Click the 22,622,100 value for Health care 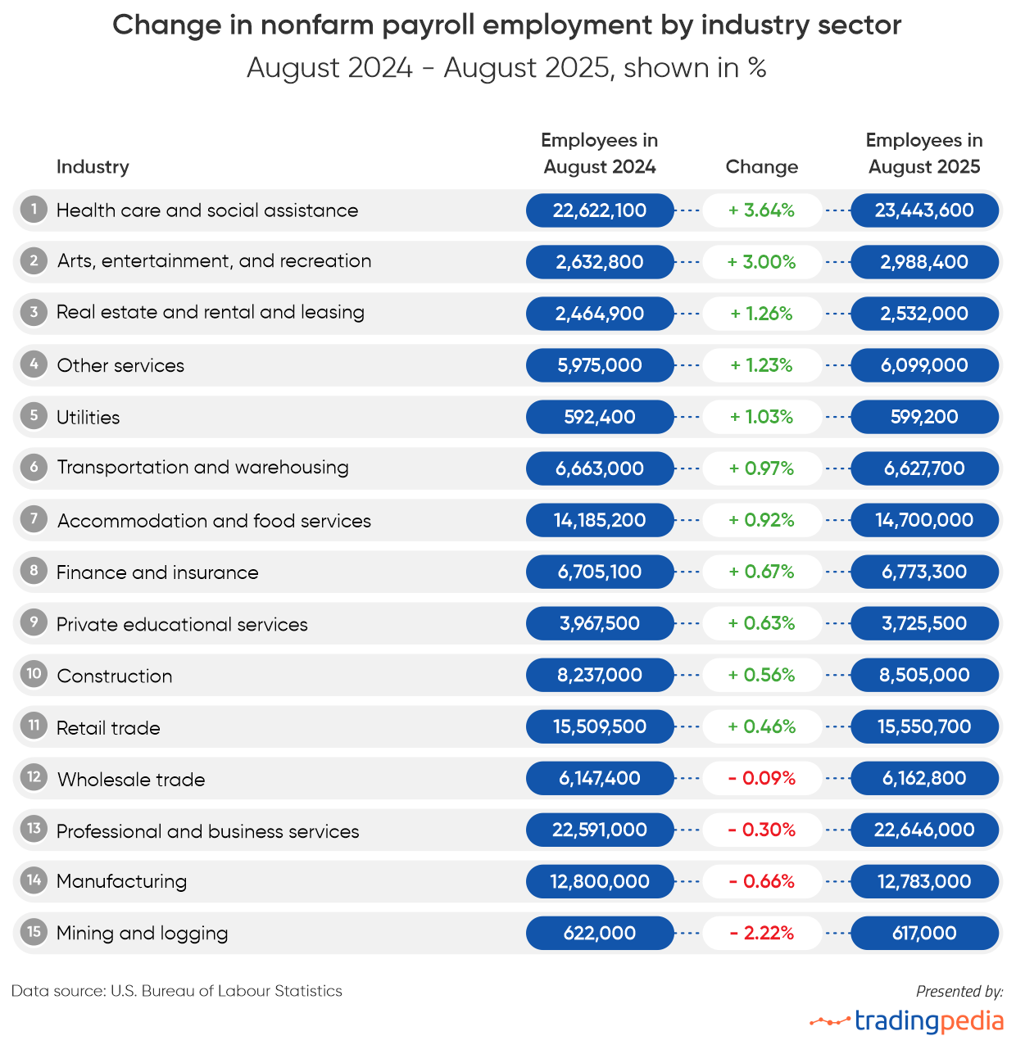600,210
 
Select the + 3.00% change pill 762,262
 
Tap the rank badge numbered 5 34,415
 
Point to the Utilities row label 88,418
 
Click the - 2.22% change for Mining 762,933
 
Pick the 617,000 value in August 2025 924,933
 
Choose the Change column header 762,167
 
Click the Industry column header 93,167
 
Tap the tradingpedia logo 908,1021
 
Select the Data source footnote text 177,991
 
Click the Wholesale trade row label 131,780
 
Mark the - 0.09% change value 762,778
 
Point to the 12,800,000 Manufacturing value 600,881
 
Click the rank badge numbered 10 34,674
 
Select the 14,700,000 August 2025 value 924,520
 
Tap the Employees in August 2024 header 600,154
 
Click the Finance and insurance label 157,572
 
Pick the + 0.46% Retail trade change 762,726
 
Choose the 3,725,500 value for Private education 924,623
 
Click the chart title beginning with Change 506,25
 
